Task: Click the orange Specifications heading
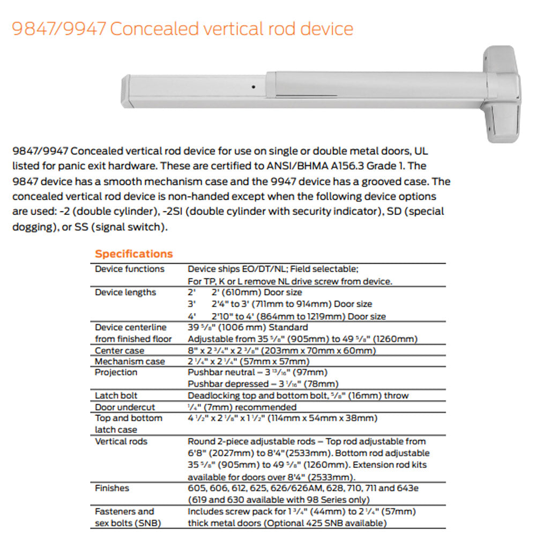tap(134, 254)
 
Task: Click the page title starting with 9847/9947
tap(183, 28)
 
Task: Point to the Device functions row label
tap(130, 269)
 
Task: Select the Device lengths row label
tap(125, 293)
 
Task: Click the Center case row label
tap(120, 351)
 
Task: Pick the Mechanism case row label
tap(130, 361)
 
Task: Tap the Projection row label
tap(116, 373)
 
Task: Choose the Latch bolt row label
tap(116, 396)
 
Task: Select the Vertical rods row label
tap(121, 442)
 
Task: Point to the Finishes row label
tap(112, 488)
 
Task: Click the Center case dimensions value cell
tap(281, 351)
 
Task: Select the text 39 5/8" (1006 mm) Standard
tap(248, 327)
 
